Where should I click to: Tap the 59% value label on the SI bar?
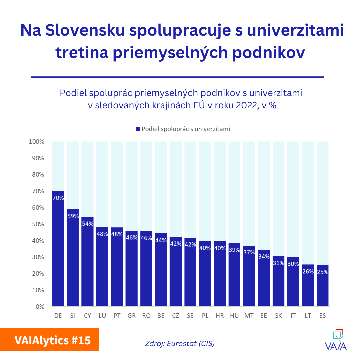73,216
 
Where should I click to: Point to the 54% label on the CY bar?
87,224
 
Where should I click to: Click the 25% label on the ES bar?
322,272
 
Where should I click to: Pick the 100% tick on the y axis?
37,142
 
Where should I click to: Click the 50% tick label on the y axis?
38,224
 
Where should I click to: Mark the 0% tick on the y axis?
39,307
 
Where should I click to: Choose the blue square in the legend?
138,129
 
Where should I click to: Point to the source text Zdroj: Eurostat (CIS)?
180,343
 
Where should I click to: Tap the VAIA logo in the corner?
336,340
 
